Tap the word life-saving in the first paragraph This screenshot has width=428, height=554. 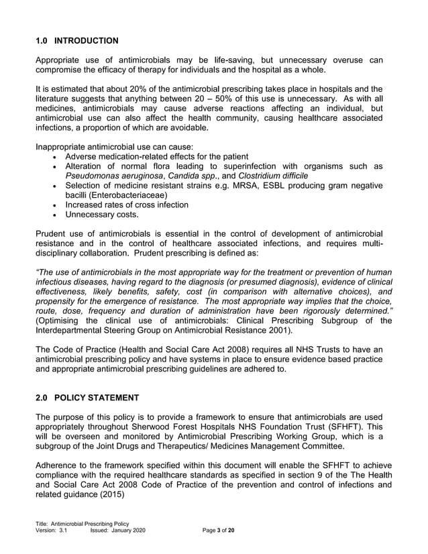tap(237, 60)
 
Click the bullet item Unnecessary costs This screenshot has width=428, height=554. tap(102, 215)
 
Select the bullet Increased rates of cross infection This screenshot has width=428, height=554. tap(127, 205)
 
